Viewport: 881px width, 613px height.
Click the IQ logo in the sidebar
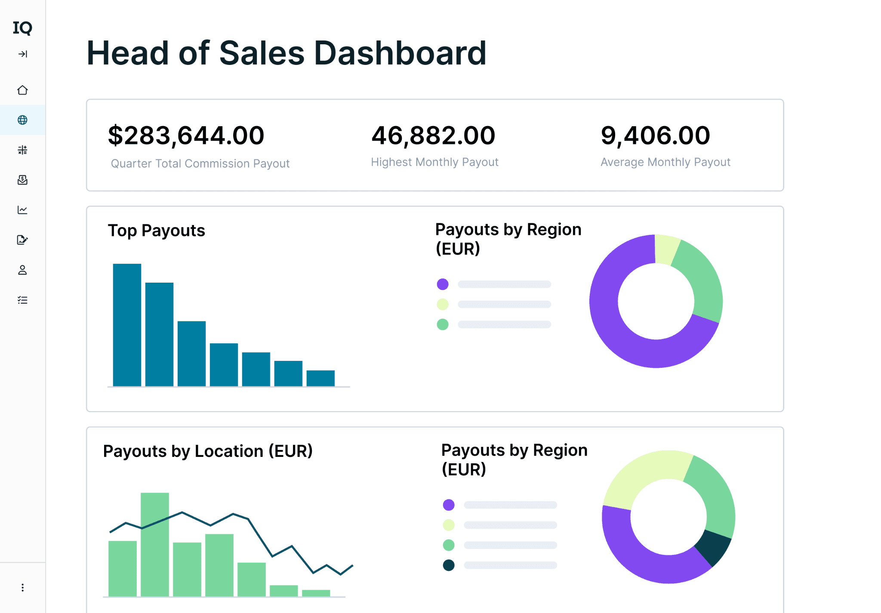22,28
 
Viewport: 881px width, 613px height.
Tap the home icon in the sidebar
22,90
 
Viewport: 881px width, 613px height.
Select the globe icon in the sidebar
22,120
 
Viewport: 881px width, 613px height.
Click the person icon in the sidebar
22,270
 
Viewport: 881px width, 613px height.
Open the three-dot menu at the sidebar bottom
22,587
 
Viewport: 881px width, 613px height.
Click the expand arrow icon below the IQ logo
23,54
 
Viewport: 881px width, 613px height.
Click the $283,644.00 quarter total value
186,136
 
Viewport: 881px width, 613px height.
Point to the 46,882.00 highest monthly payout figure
433,136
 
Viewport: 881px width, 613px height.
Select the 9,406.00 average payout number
655,136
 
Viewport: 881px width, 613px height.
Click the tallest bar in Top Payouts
127,325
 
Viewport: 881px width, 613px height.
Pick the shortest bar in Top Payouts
320,378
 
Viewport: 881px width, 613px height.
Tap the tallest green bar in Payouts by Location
155,544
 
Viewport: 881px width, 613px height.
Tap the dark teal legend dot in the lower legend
449,565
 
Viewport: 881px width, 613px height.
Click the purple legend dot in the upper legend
443,284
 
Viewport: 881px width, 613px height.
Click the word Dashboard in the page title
400,53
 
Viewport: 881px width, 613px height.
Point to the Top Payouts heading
156,231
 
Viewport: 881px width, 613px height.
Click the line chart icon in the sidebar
22,209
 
